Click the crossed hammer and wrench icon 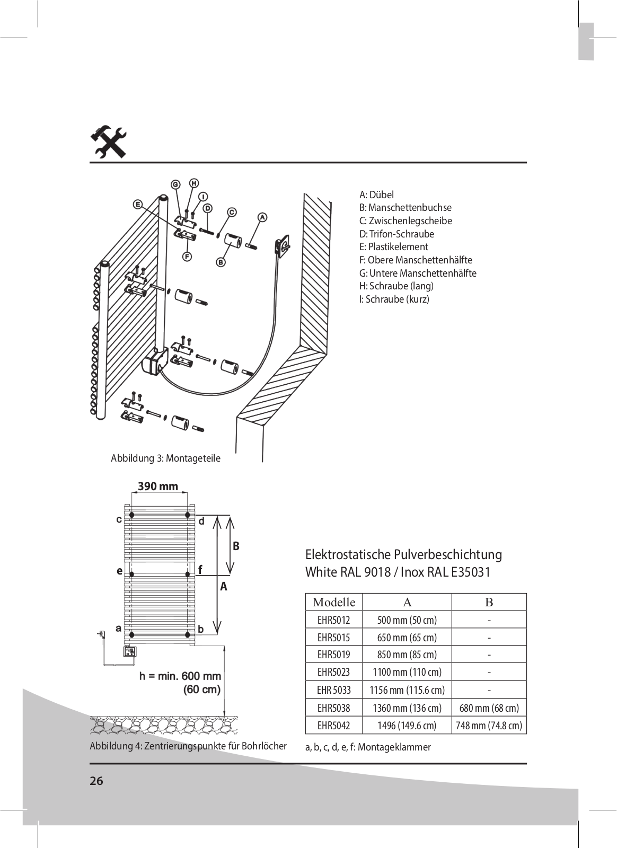tap(108, 143)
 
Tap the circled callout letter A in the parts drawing tap(262, 217)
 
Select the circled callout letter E tap(138, 205)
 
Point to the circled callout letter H tap(194, 183)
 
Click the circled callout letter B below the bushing tap(221, 262)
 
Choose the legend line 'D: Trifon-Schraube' tap(396, 234)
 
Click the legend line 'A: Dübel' tap(377, 195)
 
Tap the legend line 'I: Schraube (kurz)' tap(394, 299)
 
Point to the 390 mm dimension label tap(158, 486)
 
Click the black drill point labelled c tap(132, 515)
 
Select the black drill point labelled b tap(187, 634)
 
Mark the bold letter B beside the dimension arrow tap(236, 546)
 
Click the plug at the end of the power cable tap(101, 633)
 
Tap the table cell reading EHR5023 tap(334, 672)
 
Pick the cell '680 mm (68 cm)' tap(489, 708)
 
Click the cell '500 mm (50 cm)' tap(407, 620)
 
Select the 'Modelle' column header tap(334, 602)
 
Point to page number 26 tap(96, 781)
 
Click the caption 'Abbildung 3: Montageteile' tap(165, 458)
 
